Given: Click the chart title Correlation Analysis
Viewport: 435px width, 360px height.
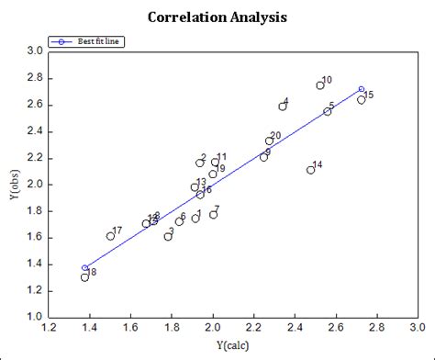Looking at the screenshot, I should click(x=217, y=17).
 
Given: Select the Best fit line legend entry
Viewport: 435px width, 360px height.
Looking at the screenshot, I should click(x=87, y=41).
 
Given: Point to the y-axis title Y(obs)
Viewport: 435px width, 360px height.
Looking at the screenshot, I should click(x=15, y=184).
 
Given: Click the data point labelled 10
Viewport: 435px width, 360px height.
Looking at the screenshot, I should click(x=320, y=85).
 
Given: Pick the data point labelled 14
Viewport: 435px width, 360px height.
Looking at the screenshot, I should click(x=311, y=170).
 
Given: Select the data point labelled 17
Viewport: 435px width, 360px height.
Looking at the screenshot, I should click(x=111, y=236).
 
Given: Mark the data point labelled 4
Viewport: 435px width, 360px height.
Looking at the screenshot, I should click(x=283, y=107).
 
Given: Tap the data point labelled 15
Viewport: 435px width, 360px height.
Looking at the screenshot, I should click(x=362, y=99).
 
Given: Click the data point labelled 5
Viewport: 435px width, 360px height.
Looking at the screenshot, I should click(x=328, y=111).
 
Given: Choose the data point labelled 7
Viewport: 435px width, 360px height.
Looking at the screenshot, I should click(x=214, y=214).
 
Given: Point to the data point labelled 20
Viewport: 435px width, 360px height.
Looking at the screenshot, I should click(x=270, y=141).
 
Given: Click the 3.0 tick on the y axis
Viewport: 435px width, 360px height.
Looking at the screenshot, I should click(x=35, y=51).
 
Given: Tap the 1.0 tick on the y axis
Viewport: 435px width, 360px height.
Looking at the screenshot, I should click(x=35, y=316).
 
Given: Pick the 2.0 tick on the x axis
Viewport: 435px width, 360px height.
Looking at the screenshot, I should click(x=213, y=327).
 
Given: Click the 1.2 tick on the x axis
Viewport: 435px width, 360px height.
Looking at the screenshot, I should click(x=50, y=327).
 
